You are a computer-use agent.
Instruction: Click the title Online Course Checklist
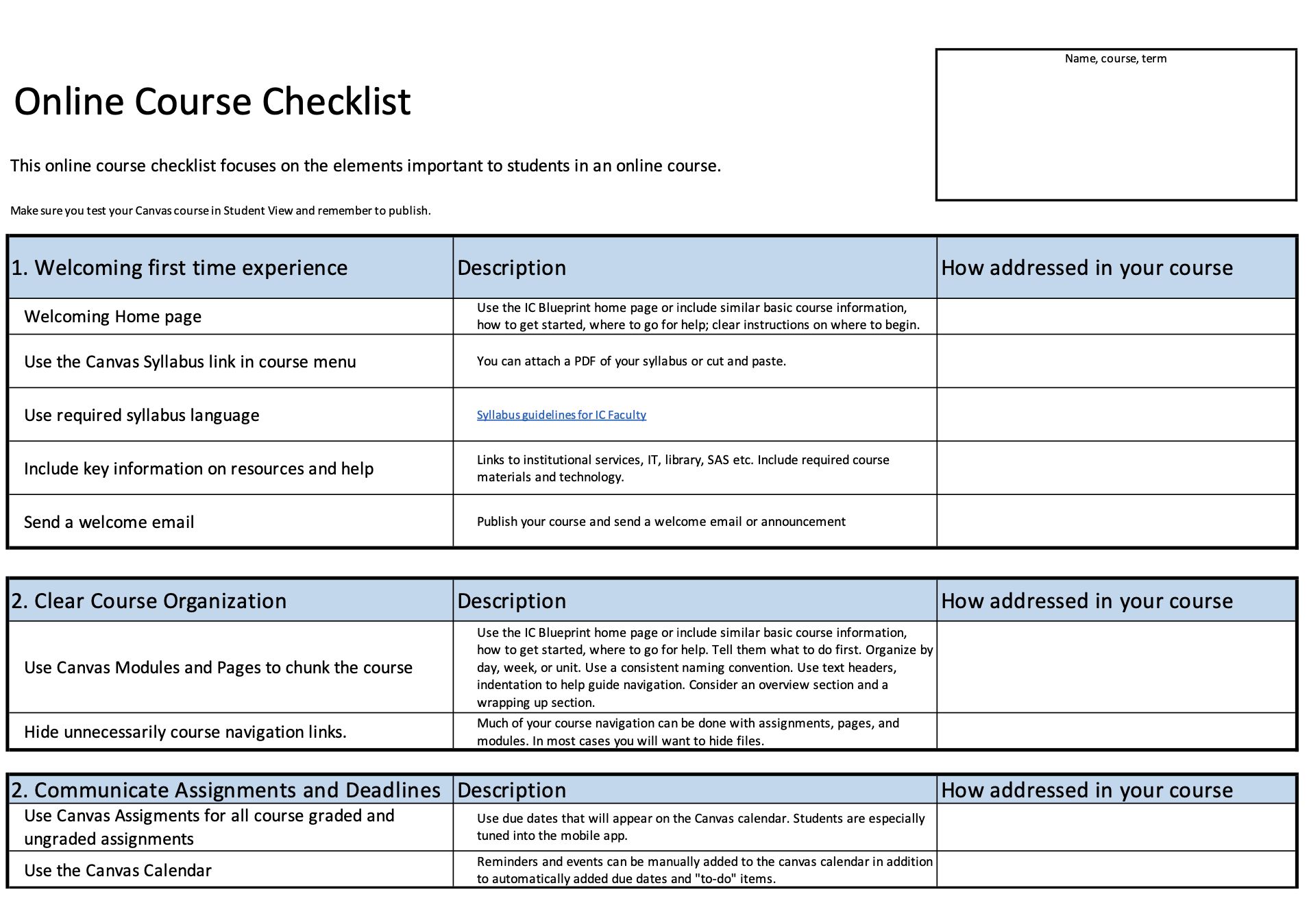pos(212,101)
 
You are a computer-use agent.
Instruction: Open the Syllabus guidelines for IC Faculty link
pos(561,415)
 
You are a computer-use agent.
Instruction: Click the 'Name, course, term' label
pos(1115,59)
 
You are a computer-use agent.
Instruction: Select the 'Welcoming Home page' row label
pos(112,317)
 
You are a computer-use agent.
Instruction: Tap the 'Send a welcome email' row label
pos(109,522)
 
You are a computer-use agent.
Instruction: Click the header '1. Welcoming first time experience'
pos(179,268)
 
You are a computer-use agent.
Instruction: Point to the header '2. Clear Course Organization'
pos(149,601)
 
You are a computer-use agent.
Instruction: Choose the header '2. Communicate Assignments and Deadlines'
pos(225,791)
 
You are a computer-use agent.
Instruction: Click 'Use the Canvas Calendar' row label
pos(117,871)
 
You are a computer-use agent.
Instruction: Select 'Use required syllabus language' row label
pos(141,415)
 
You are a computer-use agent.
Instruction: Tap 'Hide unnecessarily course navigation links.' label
pos(185,732)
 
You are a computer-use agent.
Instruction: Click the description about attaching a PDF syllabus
pos(631,361)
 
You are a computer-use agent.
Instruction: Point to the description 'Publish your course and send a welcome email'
pos(661,522)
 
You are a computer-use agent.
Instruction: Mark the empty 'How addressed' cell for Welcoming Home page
pos(1115,317)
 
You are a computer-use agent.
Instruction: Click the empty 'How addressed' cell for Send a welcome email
pos(1115,522)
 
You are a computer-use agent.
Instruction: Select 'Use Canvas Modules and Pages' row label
pos(218,668)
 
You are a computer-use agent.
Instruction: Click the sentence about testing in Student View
pos(220,210)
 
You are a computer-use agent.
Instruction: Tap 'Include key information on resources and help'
pos(199,469)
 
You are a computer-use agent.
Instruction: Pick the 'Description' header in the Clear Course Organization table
pos(511,601)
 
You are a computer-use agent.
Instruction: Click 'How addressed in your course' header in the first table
pos(1086,268)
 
